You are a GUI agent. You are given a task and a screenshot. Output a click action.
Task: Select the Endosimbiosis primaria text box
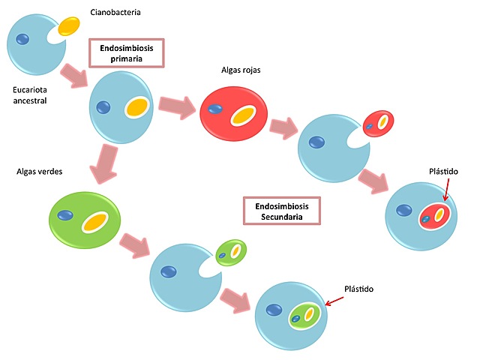click(x=126, y=52)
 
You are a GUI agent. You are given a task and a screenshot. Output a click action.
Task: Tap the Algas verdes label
click(x=39, y=171)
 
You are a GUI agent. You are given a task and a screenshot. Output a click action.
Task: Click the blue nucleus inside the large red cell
click(x=216, y=109)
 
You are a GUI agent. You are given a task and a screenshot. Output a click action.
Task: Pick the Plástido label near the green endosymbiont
click(x=358, y=288)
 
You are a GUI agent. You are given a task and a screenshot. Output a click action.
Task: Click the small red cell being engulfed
click(x=377, y=123)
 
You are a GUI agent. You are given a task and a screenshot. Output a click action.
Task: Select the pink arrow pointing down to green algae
click(x=106, y=164)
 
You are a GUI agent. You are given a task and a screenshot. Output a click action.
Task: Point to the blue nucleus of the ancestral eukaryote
click(x=24, y=38)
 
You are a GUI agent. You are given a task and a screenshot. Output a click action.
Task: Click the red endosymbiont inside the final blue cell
click(x=434, y=216)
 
